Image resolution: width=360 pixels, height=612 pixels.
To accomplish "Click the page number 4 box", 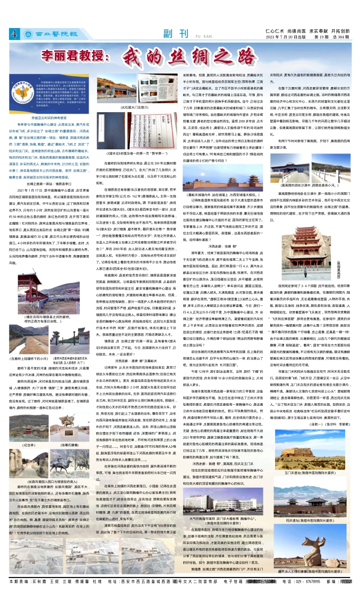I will tap(14, 35).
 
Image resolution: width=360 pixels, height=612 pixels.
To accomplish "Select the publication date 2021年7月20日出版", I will tap(286, 37).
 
